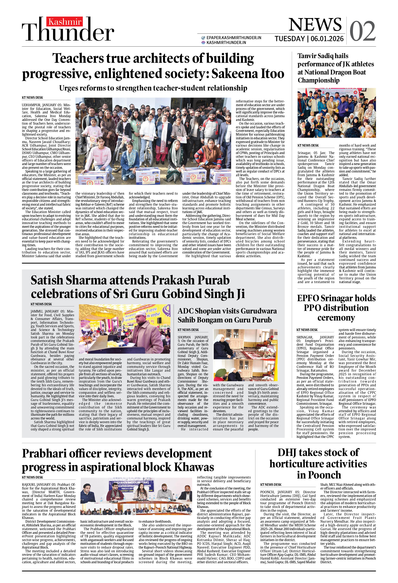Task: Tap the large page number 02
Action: click(x=362, y=31)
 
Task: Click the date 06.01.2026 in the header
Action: click(x=327, y=39)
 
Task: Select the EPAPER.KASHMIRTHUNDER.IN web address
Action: click(x=234, y=38)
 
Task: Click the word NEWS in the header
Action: click(x=315, y=25)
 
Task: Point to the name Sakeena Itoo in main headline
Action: click(x=248, y=74)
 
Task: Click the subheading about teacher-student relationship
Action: click(x=153, y=88)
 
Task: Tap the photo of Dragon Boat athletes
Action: click(x=337, y=113)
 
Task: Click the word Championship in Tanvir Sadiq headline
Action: click(x=319, y=80)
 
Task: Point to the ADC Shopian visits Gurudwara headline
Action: click(x=227, y=315)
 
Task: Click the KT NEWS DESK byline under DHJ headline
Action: click(x=271, y=484)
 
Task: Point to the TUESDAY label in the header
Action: click(x=290, y=39)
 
